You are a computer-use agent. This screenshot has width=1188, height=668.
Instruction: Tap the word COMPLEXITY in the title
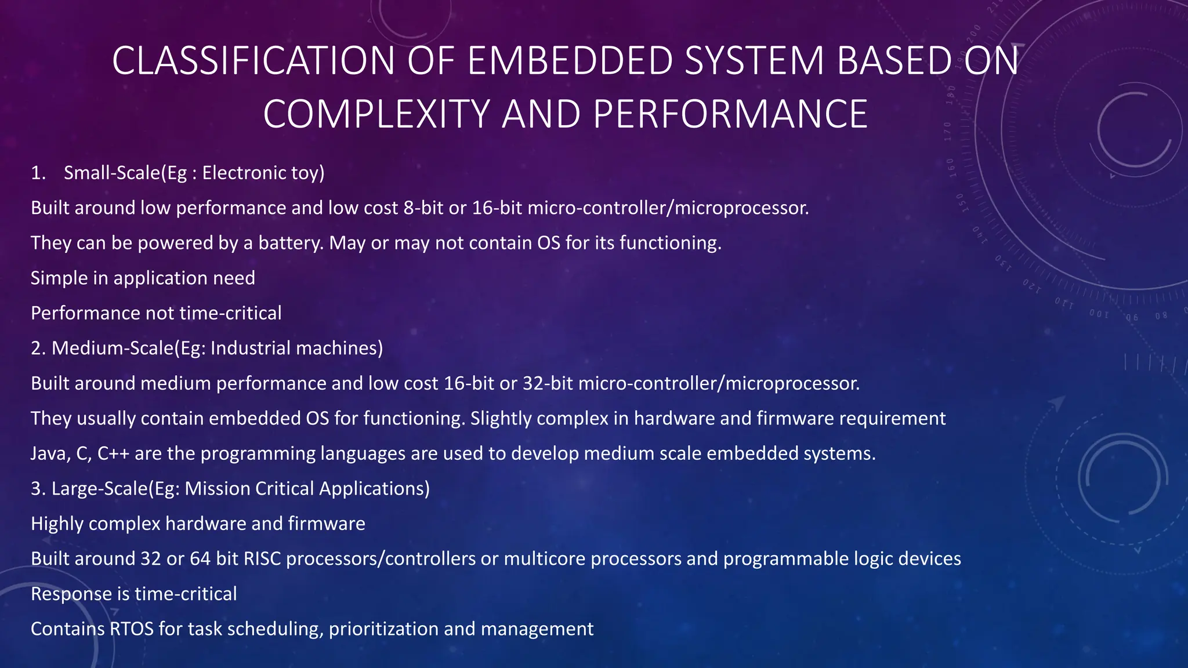(376, 114)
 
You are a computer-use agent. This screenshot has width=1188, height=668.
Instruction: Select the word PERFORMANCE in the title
(730, 114)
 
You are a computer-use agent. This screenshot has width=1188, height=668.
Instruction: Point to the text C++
(113, 453)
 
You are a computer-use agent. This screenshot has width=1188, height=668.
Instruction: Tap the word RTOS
(132, 629)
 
